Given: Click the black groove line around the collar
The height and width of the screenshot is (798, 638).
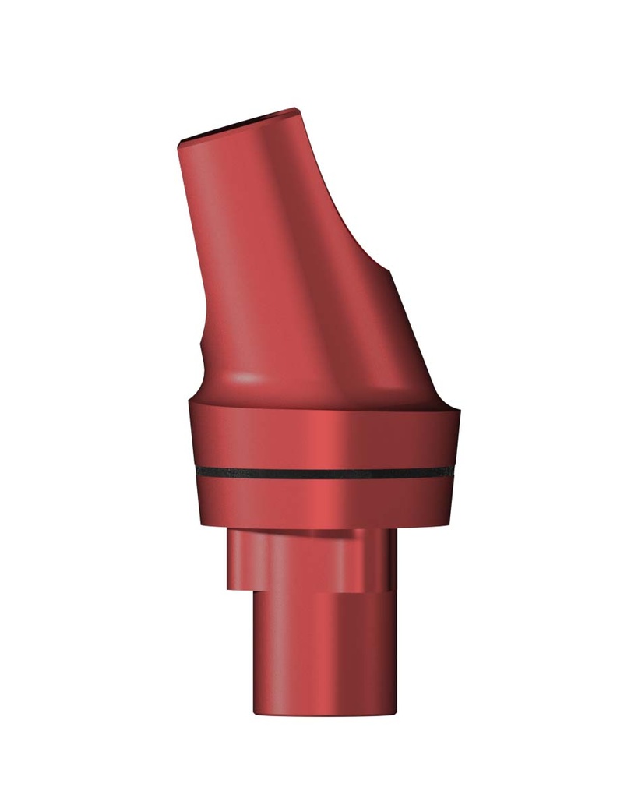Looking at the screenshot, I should (x=323, y=473).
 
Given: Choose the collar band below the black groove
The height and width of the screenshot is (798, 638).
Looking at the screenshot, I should (x=323, y=503).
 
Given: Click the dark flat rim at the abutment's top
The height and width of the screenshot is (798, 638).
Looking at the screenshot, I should (x=238, y=125).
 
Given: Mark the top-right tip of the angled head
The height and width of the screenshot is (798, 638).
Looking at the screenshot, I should (x=298, y=109).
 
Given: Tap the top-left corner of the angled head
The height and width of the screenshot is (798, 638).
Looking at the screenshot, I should (x=180, y=143).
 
